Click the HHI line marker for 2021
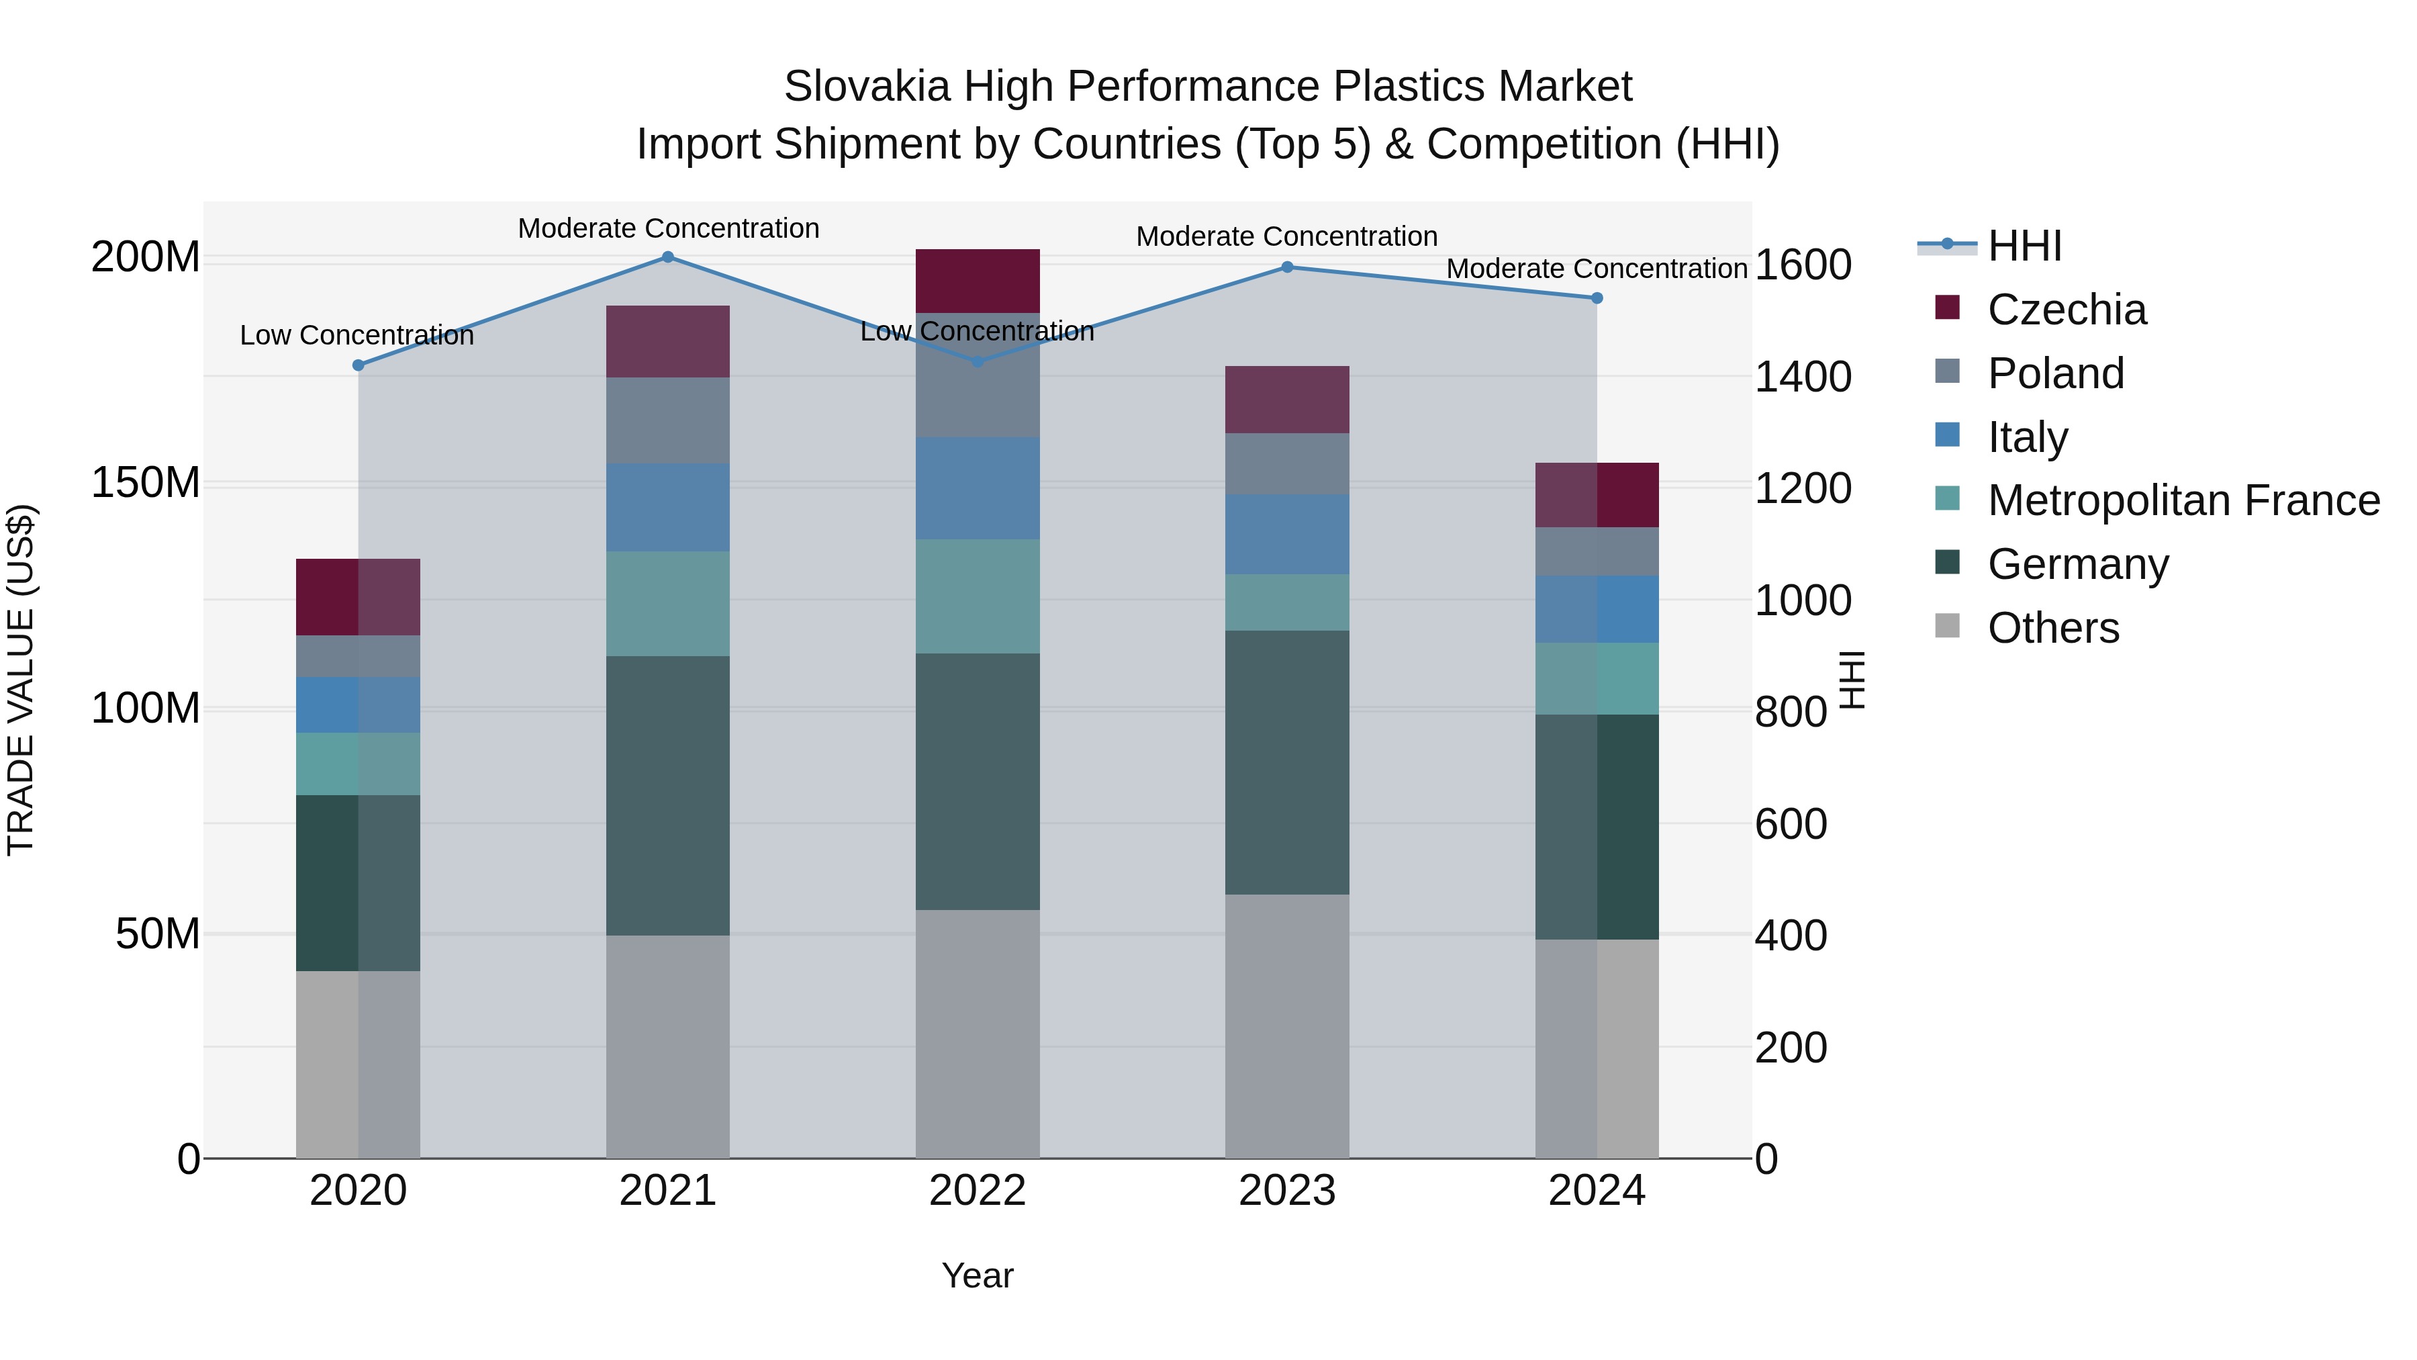[668, 257]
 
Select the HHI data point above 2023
[1287, 267]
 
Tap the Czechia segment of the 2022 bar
[978, 281]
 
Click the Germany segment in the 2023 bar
[1287, 762]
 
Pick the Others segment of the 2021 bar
[668, 1046]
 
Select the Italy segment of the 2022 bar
[978, 488]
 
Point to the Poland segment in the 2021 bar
[668, 420]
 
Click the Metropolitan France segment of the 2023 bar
[1287, 602]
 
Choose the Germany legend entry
[2077, 564]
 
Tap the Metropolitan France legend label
[2183, 500]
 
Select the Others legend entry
[2053, 628]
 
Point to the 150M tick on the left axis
[146, 484]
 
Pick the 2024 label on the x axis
[1597, 1191]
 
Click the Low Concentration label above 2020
[357, 335]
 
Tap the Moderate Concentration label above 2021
[668, 228]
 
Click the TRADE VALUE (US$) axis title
[21, 680]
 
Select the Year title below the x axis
[978, 1275]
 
